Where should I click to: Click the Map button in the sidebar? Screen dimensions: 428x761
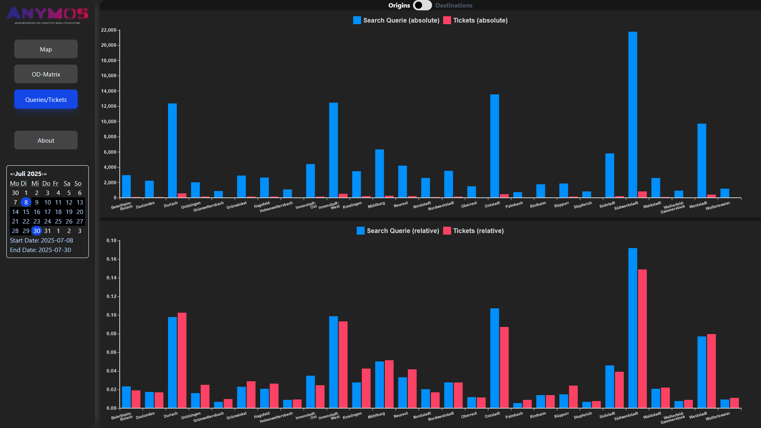click(x=46, y=49)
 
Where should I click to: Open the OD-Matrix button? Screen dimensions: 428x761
click(x=46, y=74)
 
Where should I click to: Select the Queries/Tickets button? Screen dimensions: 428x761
click(x=46, y=99)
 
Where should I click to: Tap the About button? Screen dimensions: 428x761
click(x=46, y=140)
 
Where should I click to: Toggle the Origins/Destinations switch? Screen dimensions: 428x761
click(x=422, y=5)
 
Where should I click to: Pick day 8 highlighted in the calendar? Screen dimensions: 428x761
click(x=26, y=202)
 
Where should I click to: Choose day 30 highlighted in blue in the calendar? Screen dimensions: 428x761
click(x=37, y=231)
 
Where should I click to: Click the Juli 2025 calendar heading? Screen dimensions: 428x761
click(x=28, y=174)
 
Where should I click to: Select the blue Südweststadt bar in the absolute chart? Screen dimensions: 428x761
click(x=633, y=115)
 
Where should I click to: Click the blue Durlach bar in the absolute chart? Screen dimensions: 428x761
click(x=172, y=151)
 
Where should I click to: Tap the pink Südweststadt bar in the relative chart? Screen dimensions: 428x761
click(x=642, y=339)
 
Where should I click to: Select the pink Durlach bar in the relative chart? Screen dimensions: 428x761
click(x=182, y=360)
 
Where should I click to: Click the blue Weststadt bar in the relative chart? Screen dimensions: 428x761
click(x=702, y=372)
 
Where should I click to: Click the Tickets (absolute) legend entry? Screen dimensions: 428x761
click(x=476, y=20)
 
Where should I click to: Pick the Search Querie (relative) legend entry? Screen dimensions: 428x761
click(x=398, y=231)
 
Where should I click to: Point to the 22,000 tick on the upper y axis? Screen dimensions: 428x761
click(x=109, y=30)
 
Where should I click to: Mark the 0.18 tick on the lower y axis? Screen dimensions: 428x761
click(x=111, y=241)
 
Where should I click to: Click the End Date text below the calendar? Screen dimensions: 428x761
click(x=40, y=250)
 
